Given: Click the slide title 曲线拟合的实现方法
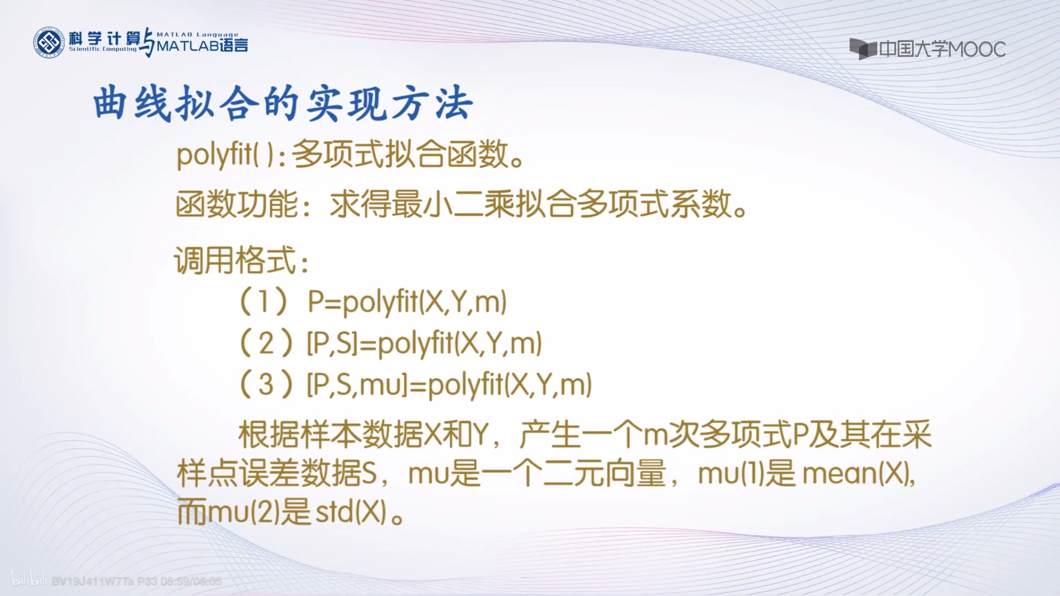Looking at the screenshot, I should coord(283,103).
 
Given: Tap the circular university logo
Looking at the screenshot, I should coord(49,42).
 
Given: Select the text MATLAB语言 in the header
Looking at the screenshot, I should coord(202,46).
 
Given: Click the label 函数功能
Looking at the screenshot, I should coord(237,204).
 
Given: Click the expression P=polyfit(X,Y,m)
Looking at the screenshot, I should coord(407,302).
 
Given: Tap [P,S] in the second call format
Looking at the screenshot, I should coord(333,344).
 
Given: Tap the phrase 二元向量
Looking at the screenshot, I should coord(604,474).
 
